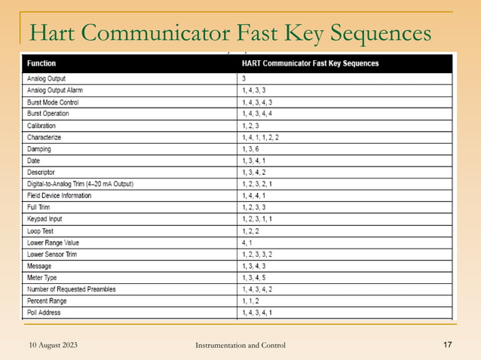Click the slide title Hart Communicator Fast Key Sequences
pos(231,33)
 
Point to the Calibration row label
pos(43,126)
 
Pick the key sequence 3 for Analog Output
pos(244,78)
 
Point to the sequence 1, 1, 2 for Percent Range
pos(251,301)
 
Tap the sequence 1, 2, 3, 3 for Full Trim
pos(254,208)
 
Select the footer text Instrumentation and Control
pos(240,345)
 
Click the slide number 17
pos(446,345)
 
